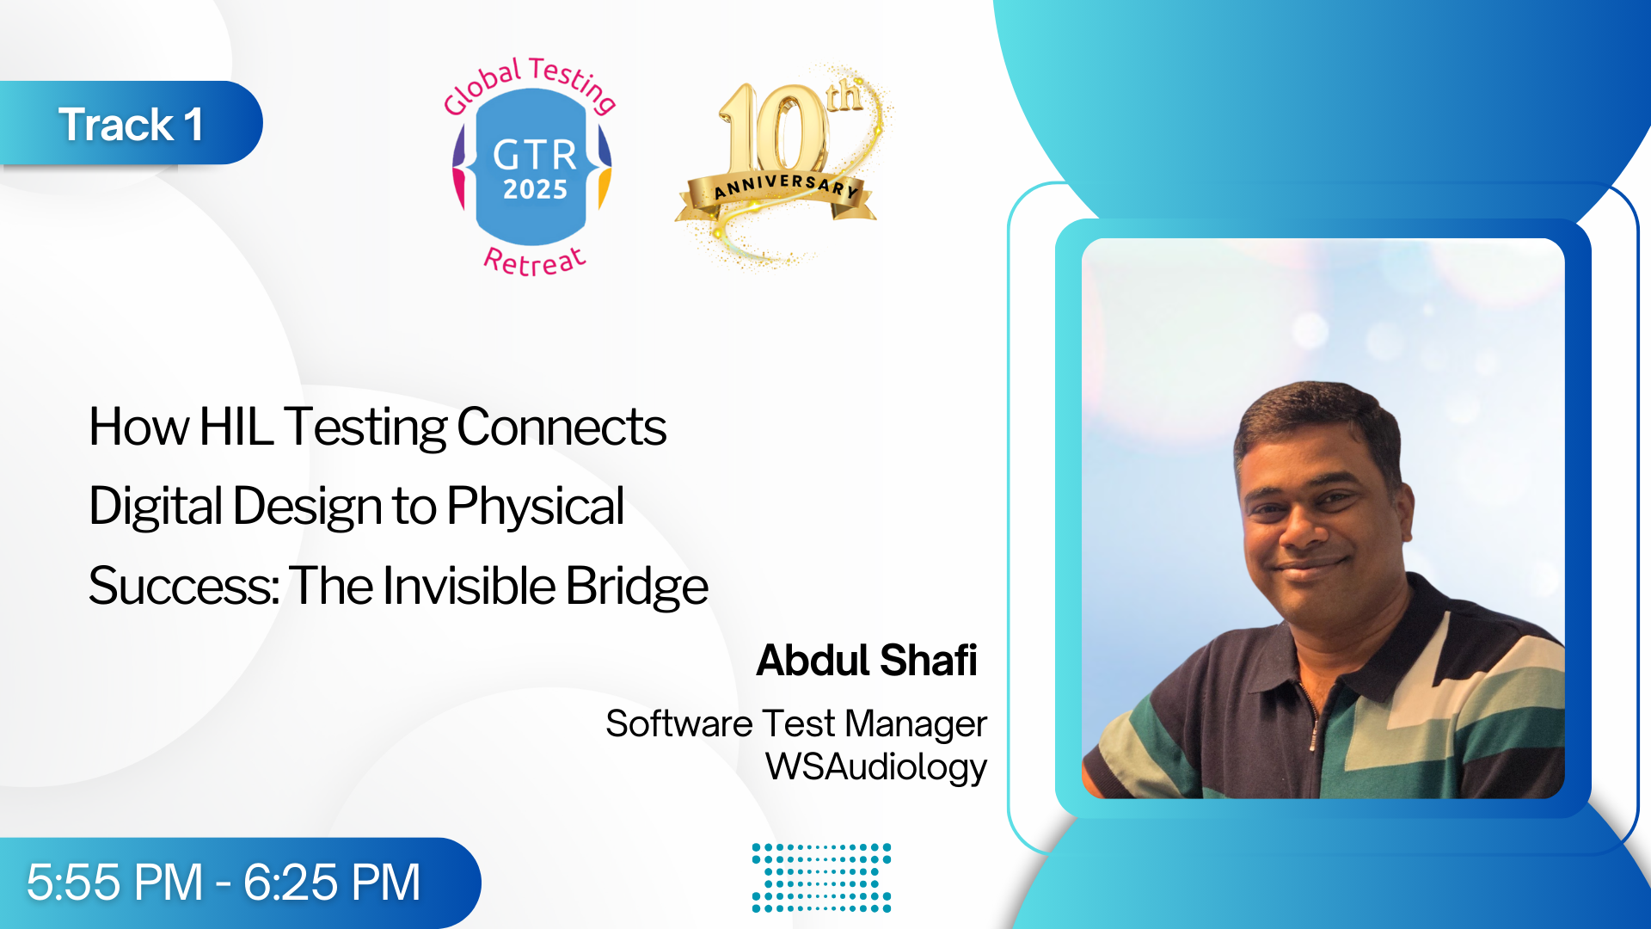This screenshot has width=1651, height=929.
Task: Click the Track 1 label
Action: (x=131, y=124)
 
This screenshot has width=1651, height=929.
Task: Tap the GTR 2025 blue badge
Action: (x=532, y=167)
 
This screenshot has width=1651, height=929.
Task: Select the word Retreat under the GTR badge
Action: (x=535, y=261)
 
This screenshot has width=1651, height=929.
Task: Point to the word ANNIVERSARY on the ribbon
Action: (x=786, y=186)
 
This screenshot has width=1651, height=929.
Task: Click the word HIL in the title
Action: (x=236, y=427)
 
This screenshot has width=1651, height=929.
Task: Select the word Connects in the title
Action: (x=562, y=427)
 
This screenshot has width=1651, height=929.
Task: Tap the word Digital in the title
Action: (x=157, y=506)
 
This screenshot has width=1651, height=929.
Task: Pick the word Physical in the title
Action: (x=535, y=506)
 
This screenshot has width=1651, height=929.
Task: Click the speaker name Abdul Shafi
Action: (x=867, y=661)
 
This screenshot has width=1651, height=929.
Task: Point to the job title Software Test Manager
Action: (x=796, y=724)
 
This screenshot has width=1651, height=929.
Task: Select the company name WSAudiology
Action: (x=876, y=766)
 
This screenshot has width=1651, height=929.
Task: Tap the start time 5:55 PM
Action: (x=114, y=883)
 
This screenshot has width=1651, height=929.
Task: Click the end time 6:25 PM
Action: (x=332, y=883)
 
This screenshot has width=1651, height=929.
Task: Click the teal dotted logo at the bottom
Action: (x=821, y=877)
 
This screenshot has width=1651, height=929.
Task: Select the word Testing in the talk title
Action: (x=365, y=428)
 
